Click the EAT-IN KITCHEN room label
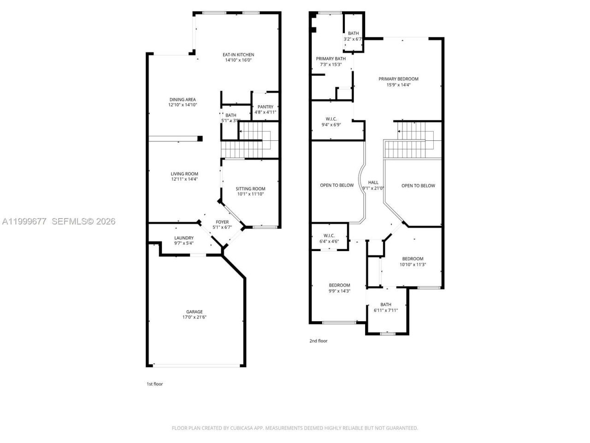[239, 54]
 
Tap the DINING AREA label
[183, 100]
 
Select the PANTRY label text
[265, 107]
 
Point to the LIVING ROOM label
[184, 174]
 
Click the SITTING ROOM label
[250, 189]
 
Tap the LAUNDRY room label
[184, 238]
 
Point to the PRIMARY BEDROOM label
[398, 79]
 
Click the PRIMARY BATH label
[330, 59]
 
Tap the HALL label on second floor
[373, 183]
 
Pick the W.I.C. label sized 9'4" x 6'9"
[331, 119]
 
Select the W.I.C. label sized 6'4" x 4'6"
[329, 235]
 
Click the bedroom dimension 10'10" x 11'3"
[413, 264]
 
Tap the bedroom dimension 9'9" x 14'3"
[339, 291]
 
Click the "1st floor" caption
[154, 384]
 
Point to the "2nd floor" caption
[318, 341]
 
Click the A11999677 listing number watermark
[24, 221]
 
